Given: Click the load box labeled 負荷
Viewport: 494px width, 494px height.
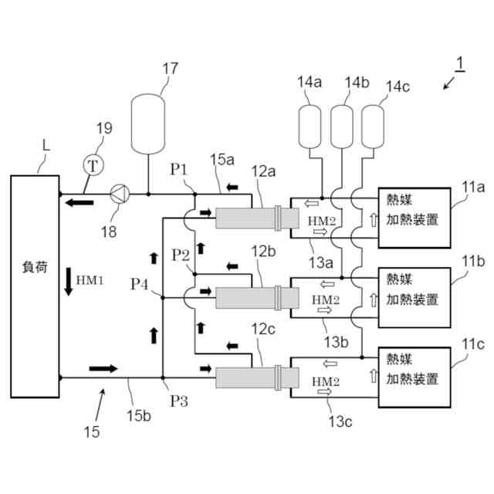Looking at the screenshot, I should (35, 286).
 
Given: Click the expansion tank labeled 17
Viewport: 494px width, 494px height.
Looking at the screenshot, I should (146, 123).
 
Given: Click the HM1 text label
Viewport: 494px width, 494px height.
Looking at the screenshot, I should (90, 279).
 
